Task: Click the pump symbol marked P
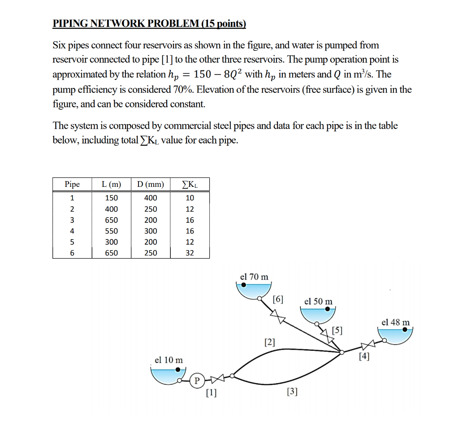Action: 196,380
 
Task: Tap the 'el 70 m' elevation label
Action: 254,276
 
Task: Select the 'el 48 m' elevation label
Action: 395,322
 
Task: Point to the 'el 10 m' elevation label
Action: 169,360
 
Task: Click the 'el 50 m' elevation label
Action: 318,302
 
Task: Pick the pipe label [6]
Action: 278,299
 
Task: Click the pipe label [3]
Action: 291,392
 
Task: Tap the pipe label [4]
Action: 364,357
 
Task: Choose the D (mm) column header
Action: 151,184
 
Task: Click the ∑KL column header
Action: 190,184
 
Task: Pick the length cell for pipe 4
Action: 112,231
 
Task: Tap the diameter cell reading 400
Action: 151,198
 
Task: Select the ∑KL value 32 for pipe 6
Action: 190,253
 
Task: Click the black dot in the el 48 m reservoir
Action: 405,329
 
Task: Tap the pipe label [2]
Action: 269,343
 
